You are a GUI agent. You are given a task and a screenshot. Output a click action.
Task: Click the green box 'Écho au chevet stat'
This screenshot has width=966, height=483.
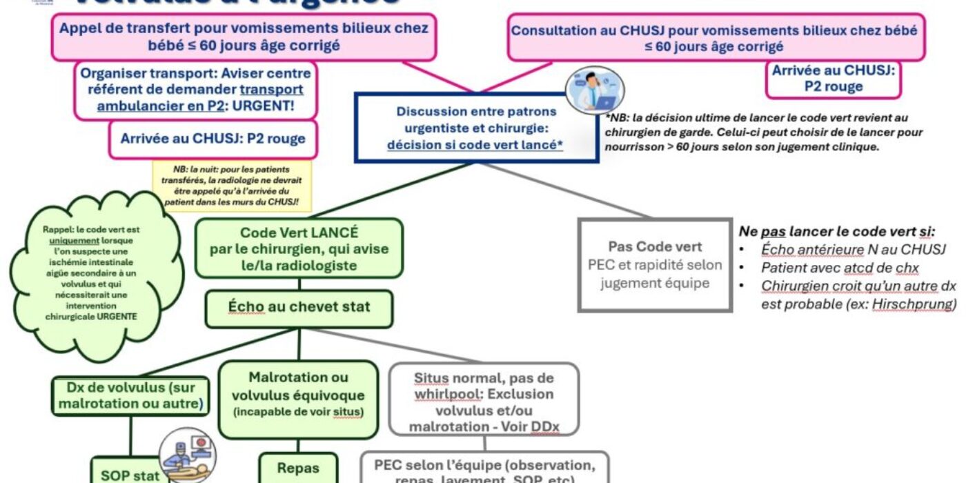pyautogui.click(x=299, y=308)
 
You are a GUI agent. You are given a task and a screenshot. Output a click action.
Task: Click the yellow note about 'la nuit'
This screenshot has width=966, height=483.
pyautogui.click(x=231, y=186)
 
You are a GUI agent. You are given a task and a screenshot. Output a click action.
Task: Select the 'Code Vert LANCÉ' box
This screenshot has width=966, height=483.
pyautogui.click(x=299, y=249)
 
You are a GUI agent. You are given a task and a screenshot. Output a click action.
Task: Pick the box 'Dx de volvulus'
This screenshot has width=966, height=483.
pyautogui.click(x=131, y=395)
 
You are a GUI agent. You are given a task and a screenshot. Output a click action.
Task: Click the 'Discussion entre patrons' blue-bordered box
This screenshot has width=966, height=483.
pyautogui.click(x=476, y=128)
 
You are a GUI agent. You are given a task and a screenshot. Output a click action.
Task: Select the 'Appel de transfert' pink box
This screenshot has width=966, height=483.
pyautogui.click(x=243, y=37)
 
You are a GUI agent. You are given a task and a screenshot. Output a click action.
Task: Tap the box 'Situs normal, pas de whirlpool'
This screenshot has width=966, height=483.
pyautogui.click(x=484, y=402)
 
